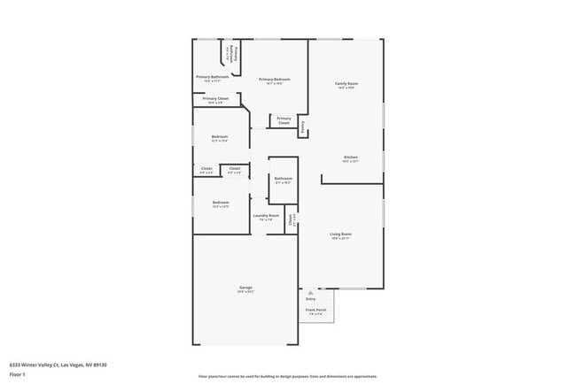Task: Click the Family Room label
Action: [346, 83]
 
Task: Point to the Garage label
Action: [245, 288]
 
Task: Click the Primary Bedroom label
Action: [275, 80]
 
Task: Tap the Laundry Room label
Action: [266, 215]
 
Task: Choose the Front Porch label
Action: [316, 310]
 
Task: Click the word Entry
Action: [310, 298]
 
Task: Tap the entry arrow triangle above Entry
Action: [310, 290]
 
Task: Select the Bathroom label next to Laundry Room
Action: [283, 179]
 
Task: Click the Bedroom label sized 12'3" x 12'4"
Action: [220, 136]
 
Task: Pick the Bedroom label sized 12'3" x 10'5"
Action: [220, 203]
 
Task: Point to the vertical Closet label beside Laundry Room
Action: [292, 220]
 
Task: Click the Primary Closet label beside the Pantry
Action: [284, 120]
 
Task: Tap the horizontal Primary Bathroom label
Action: [213, 77]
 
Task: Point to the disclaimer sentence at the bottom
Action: [288, 375]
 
